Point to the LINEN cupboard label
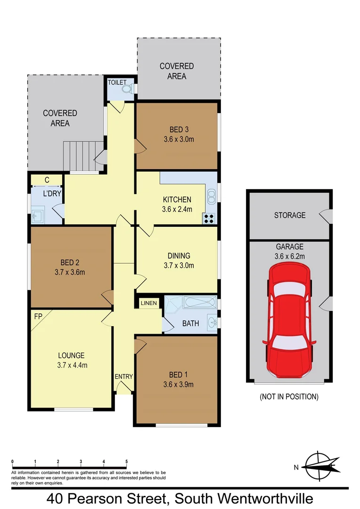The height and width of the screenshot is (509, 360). (x=149, y=304)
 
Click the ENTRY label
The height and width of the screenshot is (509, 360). (x=124, y=377)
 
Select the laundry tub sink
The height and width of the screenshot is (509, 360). (x=38, y=217)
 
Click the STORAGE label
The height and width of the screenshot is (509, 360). (x=290, y=215)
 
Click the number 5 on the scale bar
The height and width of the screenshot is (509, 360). (x=126, y=461)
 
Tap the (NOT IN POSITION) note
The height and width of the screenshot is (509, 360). (x=289, y=397)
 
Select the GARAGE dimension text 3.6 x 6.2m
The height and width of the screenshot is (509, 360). (x=290, y=256)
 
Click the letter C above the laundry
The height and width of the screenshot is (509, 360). (x=47, y=180)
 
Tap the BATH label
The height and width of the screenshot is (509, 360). (x=190, y=324)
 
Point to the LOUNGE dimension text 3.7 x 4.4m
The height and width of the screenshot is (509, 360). (x=71, y=365)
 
